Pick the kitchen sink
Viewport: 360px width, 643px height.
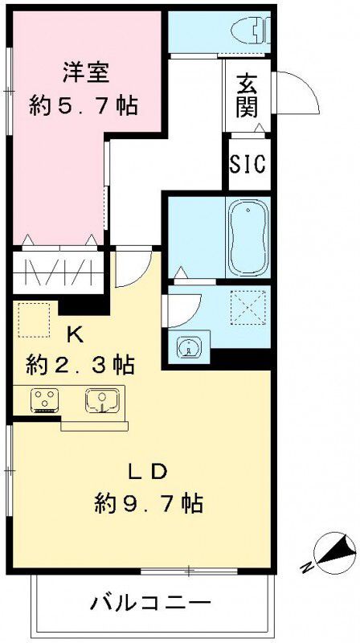click(103, 399)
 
